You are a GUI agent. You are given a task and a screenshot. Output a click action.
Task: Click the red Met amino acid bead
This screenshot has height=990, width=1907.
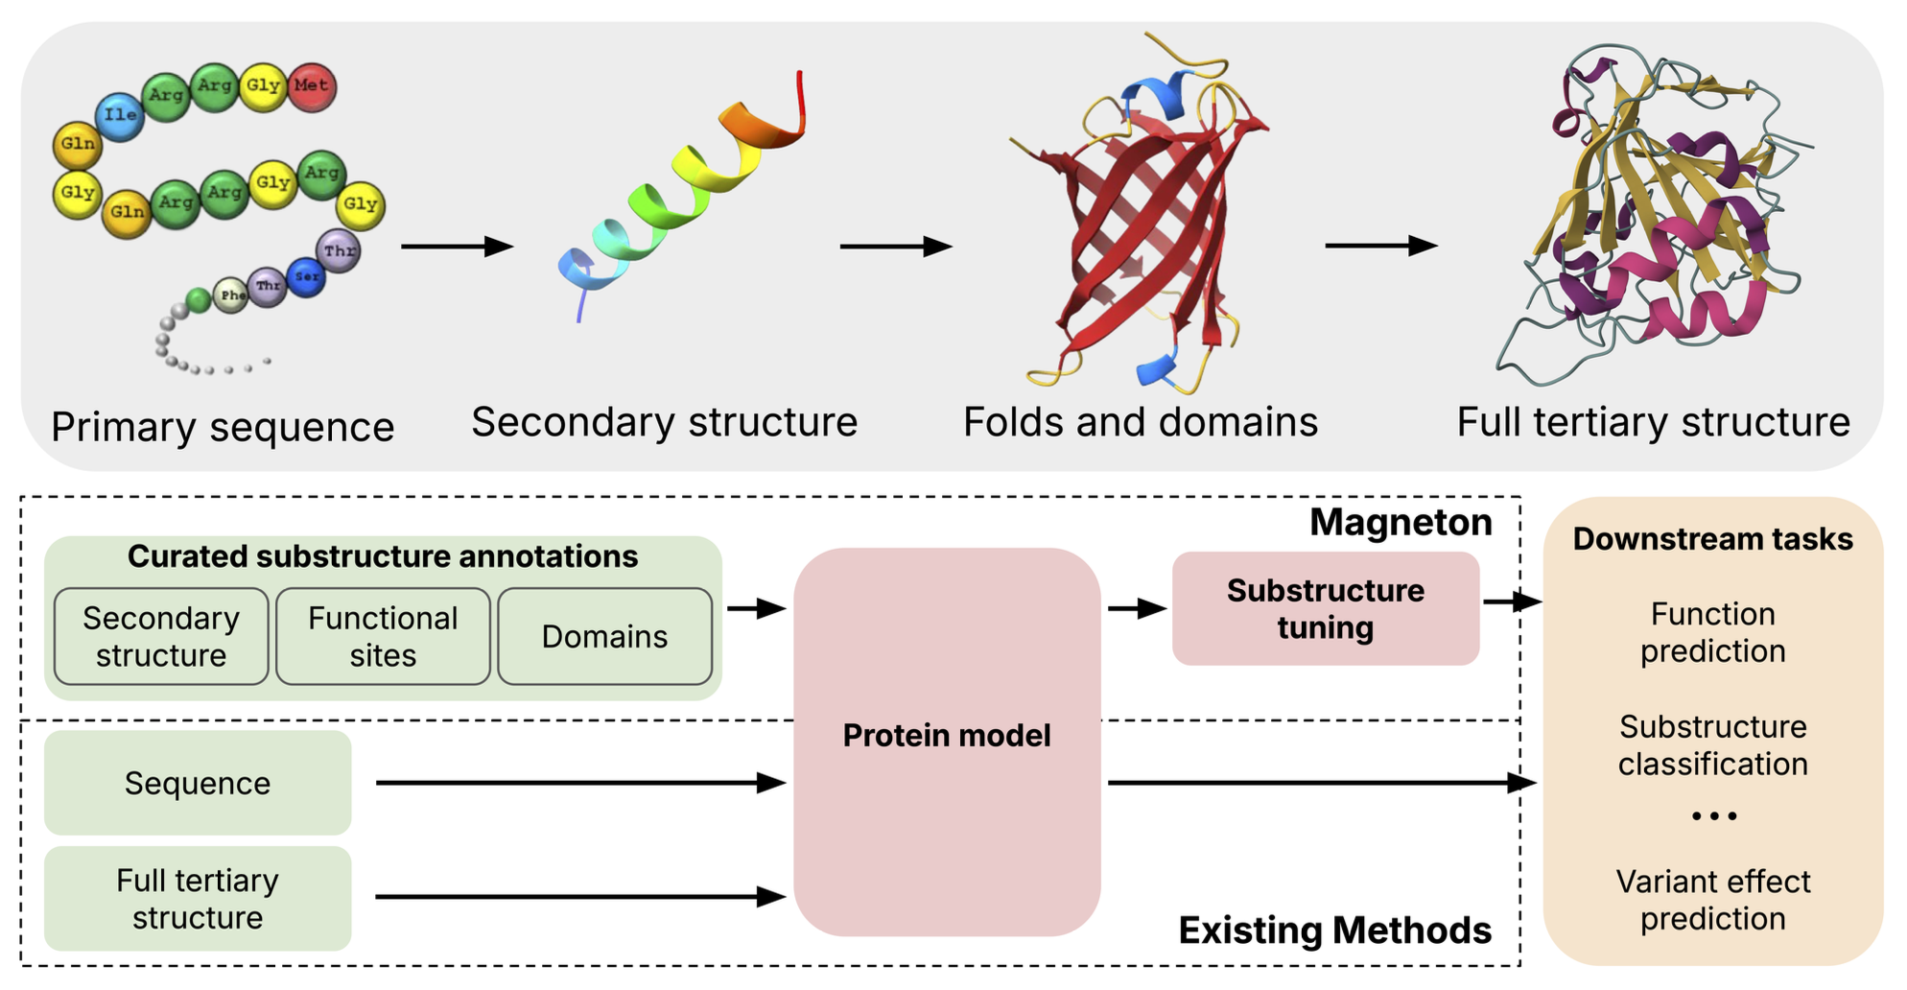[x=311, y=86]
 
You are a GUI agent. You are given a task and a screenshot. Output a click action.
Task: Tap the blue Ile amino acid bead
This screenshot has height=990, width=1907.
[x=120, y=116]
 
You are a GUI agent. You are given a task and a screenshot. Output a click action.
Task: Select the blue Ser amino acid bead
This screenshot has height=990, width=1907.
[x=306, y=277]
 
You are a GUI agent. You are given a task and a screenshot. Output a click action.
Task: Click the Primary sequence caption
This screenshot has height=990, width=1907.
[x=223, y=427]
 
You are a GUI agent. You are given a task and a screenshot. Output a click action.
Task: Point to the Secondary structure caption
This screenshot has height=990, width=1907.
[x=664, y=422]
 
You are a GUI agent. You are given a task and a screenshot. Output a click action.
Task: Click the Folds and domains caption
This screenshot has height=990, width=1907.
[x=1140, y=422]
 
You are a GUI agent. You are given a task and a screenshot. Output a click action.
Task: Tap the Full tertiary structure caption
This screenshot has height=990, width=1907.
[x=1653, y=422]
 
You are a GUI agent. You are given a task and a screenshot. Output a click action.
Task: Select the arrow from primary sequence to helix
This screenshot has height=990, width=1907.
[x=457, y=247]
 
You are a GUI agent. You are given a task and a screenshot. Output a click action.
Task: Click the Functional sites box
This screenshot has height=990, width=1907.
[x=383, y=636]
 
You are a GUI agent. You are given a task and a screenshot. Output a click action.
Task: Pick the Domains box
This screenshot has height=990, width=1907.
[x=604, y=636]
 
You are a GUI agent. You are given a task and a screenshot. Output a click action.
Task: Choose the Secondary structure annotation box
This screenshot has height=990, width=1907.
[x=161, y=636]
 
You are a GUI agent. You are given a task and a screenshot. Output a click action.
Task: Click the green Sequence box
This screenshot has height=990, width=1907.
[x=198, y=783]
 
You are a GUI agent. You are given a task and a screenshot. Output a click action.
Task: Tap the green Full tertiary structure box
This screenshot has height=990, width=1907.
[x=198, y=898]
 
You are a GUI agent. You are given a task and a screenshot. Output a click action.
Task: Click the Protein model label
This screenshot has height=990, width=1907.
[x=946, y=735]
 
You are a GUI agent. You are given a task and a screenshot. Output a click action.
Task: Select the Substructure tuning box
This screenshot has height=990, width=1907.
[x=1325, y=608]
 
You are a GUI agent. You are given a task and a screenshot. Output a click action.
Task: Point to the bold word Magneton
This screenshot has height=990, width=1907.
[x=1400, y=523]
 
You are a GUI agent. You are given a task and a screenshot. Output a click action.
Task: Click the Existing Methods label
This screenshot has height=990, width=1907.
[x=1334, y=930]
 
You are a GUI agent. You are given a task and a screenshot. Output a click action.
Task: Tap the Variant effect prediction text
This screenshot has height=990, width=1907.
[x=1712, y=900]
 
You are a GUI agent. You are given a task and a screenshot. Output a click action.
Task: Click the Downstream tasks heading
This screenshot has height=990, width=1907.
[x=1712, y=539]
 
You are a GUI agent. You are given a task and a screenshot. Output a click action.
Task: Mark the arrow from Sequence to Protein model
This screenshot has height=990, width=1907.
[x=580, y=783]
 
